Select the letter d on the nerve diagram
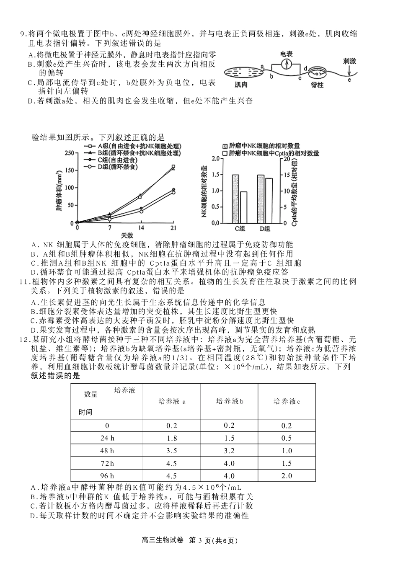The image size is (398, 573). [305, 68]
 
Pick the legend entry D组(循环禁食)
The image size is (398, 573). [113, 167]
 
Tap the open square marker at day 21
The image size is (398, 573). [173, 167]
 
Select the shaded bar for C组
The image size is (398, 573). [235, 199]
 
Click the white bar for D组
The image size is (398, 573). [269, 201]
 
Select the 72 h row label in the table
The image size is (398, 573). [107, 463]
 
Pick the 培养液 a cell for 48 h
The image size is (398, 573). [171, 451]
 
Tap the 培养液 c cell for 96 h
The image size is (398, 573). [287, 476]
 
